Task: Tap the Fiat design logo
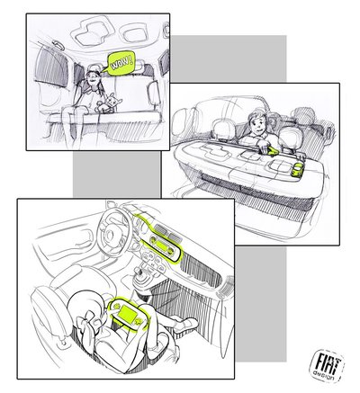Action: [x=327, y=365]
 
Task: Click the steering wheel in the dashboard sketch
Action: [x=114, y=229]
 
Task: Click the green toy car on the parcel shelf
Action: [x=298, y=170]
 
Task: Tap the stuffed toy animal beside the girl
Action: [x=108, y=103]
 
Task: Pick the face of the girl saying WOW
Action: [x=93, y=79]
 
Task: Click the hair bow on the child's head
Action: [x=86, y=322]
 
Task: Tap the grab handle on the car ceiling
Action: [x=58, y=45]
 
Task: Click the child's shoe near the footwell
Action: [x=185, y=325]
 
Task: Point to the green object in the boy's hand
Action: [x=272, y=152]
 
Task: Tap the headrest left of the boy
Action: [x=222, y=130]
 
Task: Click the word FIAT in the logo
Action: [x=326, y=362]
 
